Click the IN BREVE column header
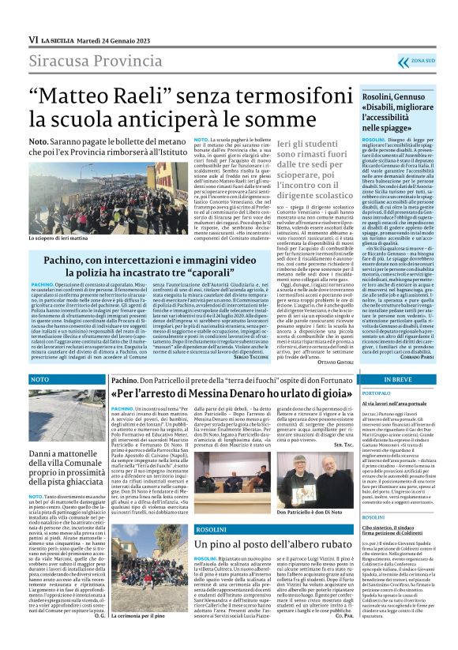[x=396, y=379]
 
